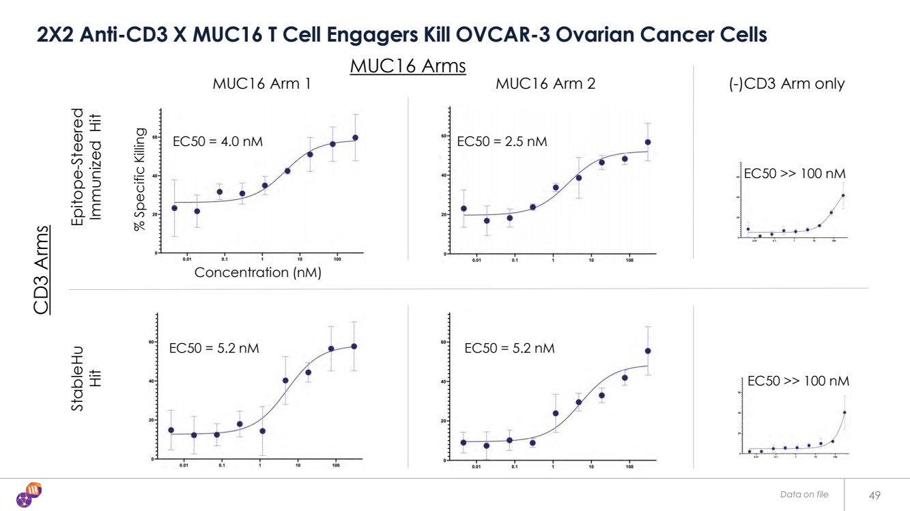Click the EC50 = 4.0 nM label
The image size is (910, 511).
[x=217, y=142]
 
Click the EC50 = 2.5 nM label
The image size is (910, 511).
[x=502, y=142]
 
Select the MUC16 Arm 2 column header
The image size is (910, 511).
[x=545, y=84]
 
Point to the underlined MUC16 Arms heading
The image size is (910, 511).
[x=408, y=66]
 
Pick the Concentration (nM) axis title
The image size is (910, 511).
[x=257, y=273]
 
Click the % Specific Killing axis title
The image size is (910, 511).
[x=140, y=179]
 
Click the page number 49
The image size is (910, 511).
[x=875, y=495]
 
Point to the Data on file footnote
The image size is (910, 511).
[x=804, y=495]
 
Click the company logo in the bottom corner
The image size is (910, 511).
[x=30, y=494]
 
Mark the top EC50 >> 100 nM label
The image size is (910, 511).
[x=795, y=175]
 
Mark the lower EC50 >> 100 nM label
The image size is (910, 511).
[x=798, y=381]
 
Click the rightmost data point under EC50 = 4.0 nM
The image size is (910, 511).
[x=355, y=138]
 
